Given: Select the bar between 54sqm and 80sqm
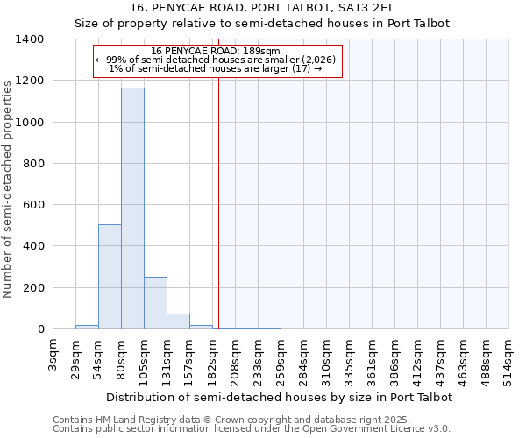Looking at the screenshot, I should pos(110,277).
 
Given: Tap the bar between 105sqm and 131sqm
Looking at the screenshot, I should pos(155,303).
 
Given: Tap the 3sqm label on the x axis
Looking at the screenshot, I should pos(53,355).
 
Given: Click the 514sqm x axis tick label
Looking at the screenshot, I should pos(508,359).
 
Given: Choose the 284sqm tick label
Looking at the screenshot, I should pos(303,359).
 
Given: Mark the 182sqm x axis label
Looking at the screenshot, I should pos(213,359).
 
